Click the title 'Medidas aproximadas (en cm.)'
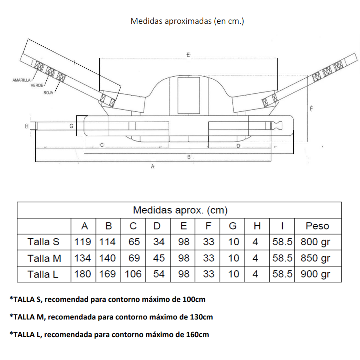click(187, 21)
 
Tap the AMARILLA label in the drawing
click(21, 80)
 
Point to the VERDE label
click(37, 85)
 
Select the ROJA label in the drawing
click(48, 93)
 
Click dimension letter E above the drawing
click(188, 54)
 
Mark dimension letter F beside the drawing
click(311, 109)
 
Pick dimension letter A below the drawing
click(153, 166)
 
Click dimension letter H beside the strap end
click(27, 126)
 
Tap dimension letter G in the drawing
click(71, 126)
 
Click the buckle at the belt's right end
click(276, 126)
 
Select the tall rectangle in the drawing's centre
click(189, 95)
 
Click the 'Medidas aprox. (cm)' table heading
click(180, 210)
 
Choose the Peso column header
click(317, 226)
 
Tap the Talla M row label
click(44, 258)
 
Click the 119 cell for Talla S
click(83, 242)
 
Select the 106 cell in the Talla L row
click(133, 274)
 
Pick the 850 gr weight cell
click(315, 258)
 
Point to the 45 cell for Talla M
click(159, 258)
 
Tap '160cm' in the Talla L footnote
click(197, 334)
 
